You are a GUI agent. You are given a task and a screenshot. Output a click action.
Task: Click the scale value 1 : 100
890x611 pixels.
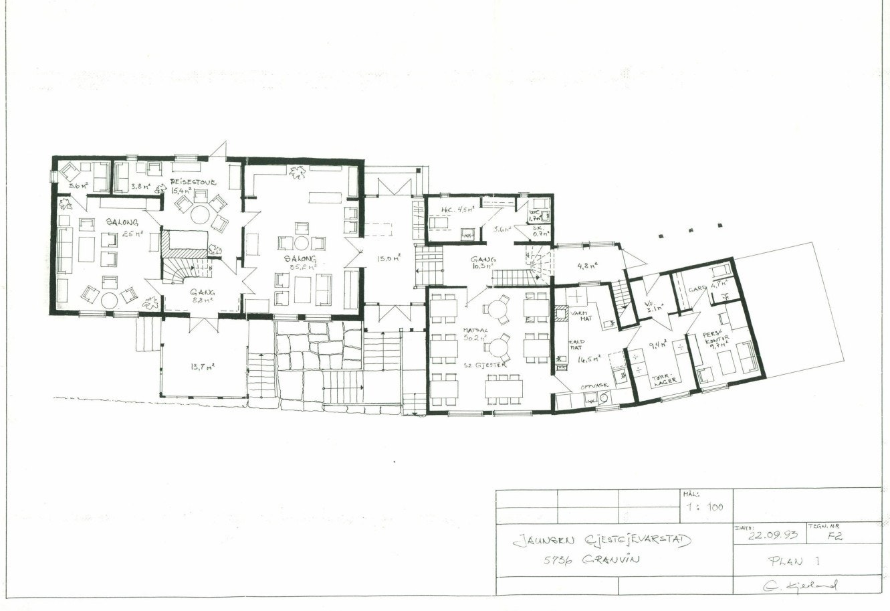(x=705, y=507)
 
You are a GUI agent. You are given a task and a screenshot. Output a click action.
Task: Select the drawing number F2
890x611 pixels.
(x=832, y=535)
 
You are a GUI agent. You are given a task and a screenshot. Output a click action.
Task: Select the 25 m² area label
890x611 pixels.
(x=133, y=234)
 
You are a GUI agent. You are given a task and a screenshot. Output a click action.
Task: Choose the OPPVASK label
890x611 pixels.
(x=594, y=386)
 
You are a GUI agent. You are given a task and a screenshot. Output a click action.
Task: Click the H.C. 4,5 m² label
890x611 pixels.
(x=456, y=209)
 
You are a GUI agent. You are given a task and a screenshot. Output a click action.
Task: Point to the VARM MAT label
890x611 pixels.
(x=579, y=315)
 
